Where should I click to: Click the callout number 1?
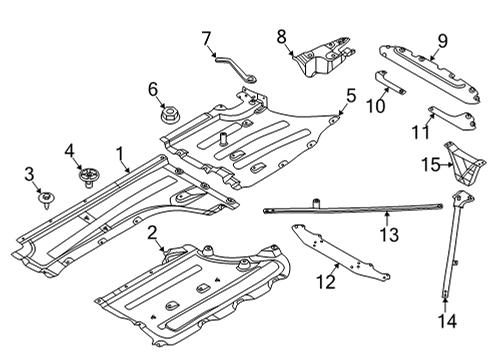[120, 154]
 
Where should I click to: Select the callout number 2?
[152, 234]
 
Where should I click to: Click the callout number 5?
[350, 96]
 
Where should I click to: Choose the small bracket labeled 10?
[391, 83]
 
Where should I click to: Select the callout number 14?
[446, 321]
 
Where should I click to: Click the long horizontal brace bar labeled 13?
[350, 209]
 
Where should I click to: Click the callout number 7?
[207, 40]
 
